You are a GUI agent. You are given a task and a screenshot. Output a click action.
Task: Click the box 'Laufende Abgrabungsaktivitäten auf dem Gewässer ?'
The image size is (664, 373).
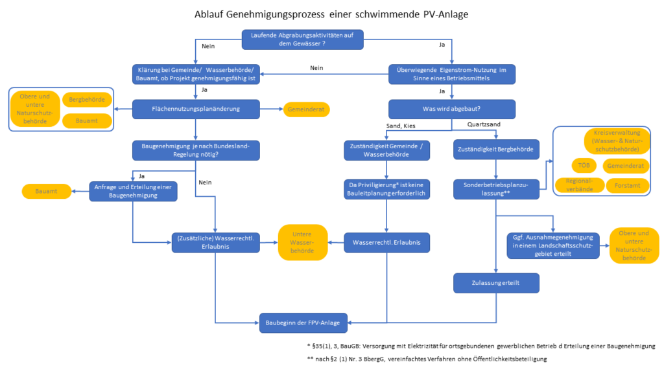click(x=302, y=40)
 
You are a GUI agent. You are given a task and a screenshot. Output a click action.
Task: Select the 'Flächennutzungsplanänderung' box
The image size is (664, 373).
click(x=196, y=109)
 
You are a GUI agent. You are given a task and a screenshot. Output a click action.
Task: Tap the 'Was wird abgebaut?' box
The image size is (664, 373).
click(x=451, y=109)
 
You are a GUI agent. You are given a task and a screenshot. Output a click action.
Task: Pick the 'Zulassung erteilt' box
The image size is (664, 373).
click(x=496, y=283)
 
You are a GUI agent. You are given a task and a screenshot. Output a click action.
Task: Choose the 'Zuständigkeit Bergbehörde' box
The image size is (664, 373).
click(x=496, y=150)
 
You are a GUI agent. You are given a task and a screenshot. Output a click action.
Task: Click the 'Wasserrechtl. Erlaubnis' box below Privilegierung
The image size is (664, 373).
click(x=386, y=242)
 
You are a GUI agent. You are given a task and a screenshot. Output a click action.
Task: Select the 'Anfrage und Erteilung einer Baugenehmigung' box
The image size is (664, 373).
click(x=133, y=191)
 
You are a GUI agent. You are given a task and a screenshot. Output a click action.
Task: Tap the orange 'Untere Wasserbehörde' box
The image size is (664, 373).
click(x=303, y=242)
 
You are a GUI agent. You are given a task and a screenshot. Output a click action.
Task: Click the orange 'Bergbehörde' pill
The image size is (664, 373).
click(x=87, y=100)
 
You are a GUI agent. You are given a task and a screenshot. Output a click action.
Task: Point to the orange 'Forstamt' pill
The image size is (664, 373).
click(x=627, y=186)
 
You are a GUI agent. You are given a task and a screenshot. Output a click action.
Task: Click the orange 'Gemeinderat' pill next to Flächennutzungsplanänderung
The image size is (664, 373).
click(x=306, y=109)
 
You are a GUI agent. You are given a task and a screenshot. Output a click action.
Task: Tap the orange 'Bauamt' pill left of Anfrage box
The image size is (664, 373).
click(x=45, y=191)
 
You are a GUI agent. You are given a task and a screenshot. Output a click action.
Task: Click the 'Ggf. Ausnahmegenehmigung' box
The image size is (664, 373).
click(x=553, y=245)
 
